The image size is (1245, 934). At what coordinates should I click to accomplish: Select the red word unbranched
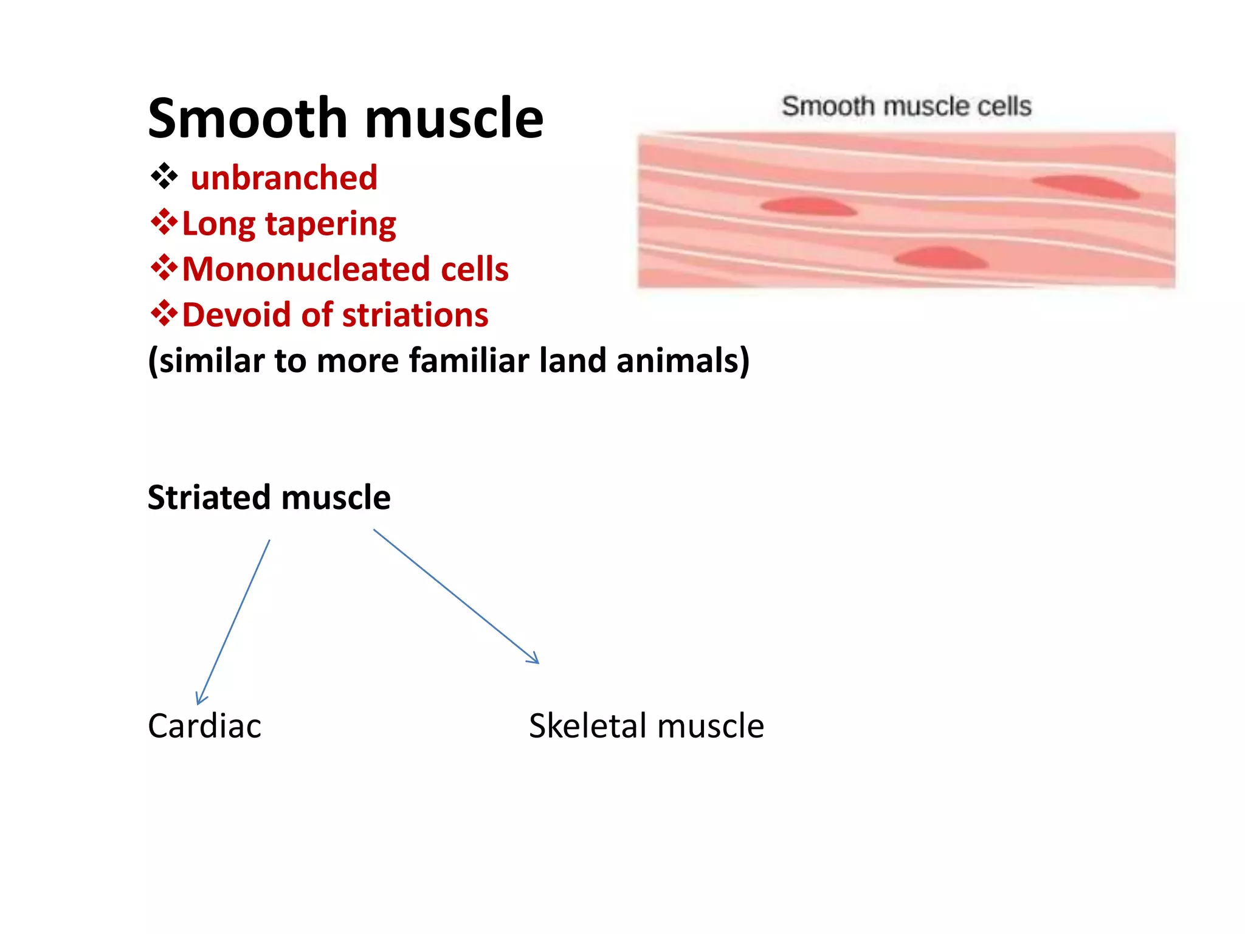[x=284, y=178]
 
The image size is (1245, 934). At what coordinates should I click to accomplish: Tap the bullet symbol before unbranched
[x=164, y=177]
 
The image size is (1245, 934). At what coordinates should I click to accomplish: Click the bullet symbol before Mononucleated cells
[x=164, y=268]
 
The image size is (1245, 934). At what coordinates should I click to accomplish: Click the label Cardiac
[x=204, y=726]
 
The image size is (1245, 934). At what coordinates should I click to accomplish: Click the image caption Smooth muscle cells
[x=906, y=106]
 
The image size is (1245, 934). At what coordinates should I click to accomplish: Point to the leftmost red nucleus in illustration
[x=808, y=207]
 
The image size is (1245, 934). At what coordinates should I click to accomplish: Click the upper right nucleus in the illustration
[x=1086, y=186]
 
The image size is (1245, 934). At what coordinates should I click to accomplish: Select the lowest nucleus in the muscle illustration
[x=941, y=258]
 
